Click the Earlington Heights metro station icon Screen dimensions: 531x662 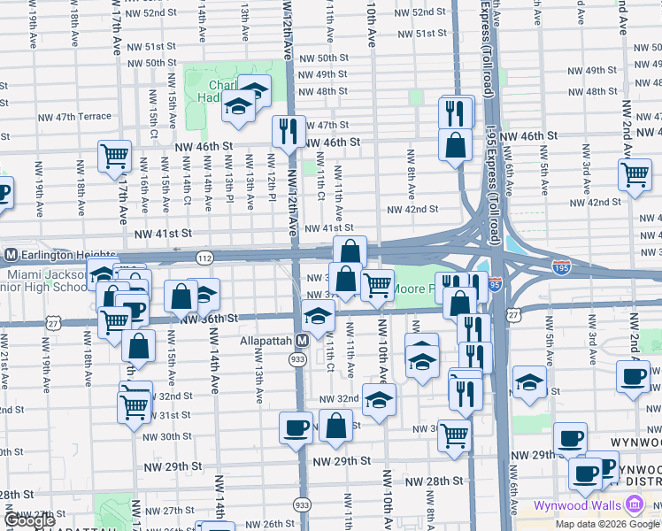11,255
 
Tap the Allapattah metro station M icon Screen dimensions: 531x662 302,340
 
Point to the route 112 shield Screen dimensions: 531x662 204,258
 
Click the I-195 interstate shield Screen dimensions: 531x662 564,265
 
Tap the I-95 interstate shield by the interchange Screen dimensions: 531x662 495,285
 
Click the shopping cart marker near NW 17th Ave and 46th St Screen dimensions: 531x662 114,156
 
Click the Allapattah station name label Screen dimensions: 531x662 265,340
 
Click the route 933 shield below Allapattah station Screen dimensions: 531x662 297,358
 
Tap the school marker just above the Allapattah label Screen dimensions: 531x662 318,315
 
